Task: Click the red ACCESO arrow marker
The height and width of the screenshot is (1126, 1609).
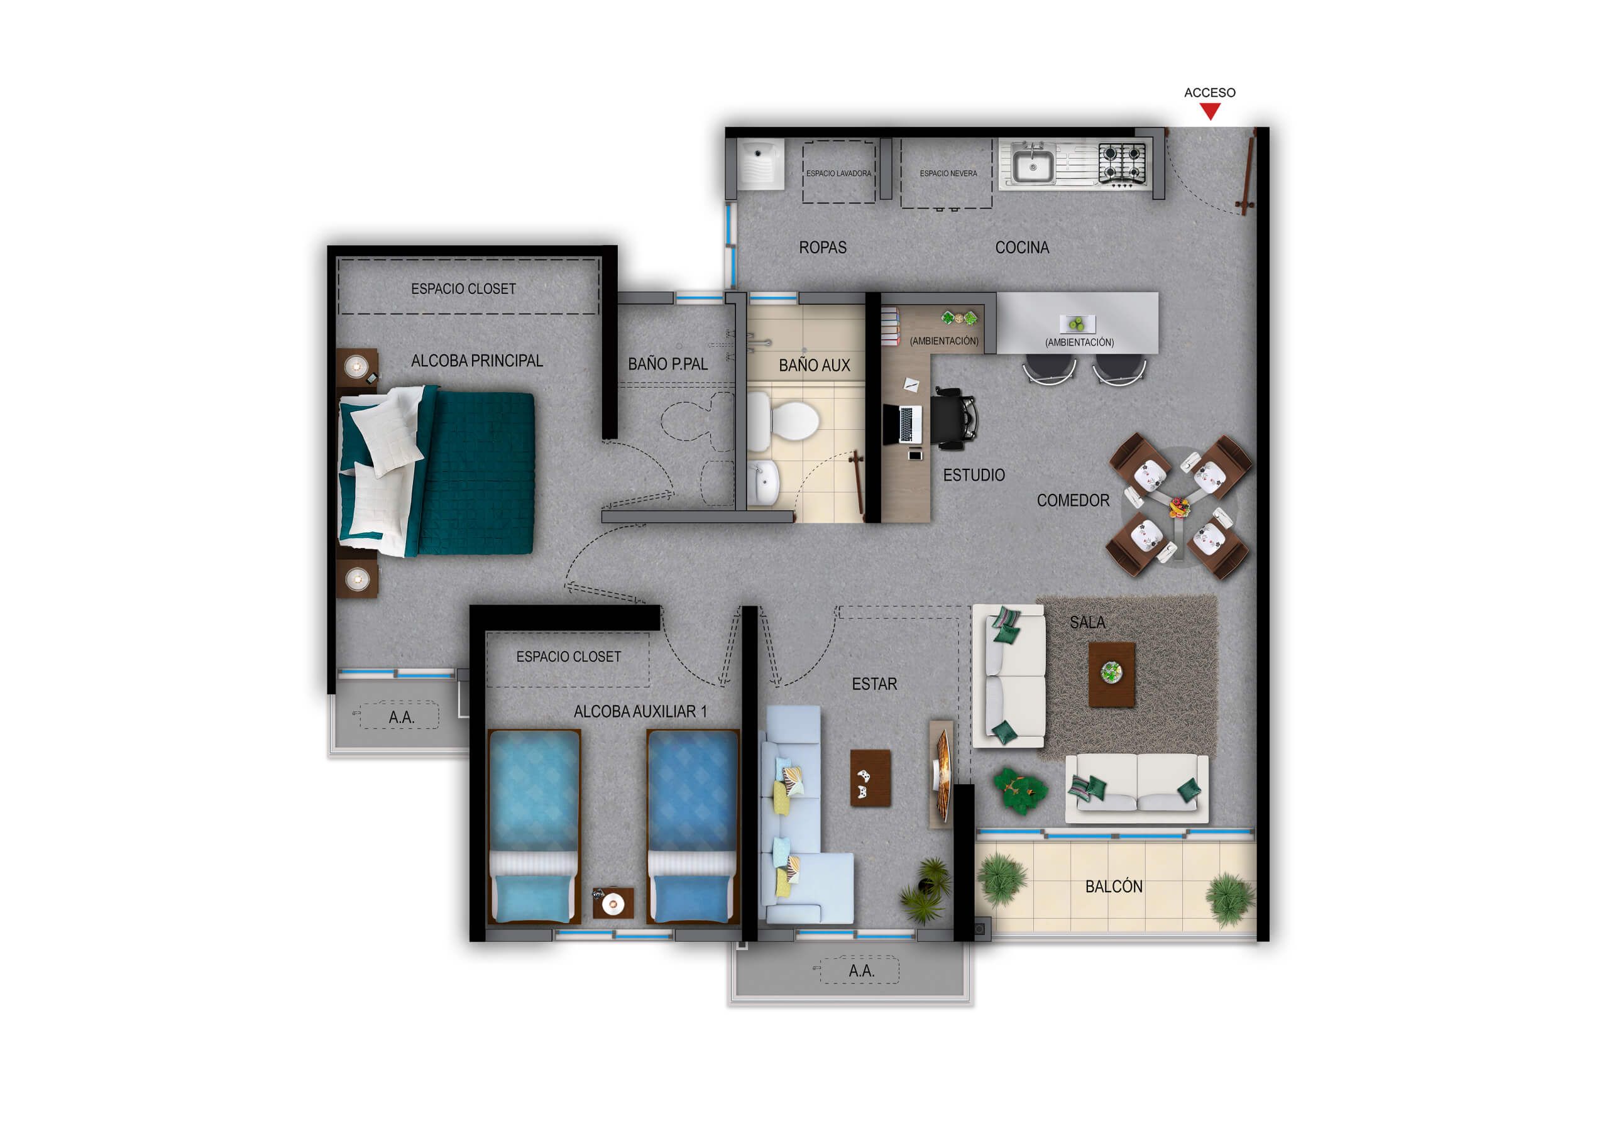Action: click(x=1209, y=111)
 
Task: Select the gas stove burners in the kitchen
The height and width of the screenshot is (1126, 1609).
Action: click(x=1122, y=163)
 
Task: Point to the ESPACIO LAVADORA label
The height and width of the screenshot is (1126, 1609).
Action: click(x=838, y=173)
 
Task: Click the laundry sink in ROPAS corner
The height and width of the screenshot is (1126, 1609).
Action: click(x=761, y=163)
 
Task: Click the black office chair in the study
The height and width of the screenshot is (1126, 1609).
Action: click(x=952, y=418)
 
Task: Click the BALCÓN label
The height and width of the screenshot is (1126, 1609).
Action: click(x=1114, y=887)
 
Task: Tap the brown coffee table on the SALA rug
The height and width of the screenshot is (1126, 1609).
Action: click(x=1111, y=674)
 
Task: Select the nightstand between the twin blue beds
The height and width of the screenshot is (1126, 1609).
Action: click(x=613, y=902)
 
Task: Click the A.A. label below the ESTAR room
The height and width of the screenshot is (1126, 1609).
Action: click(x=861, y=970)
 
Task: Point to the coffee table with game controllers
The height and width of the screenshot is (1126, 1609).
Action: click(x=870, y=779)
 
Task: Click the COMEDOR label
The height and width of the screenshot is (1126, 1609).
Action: click(x=1072, y=500)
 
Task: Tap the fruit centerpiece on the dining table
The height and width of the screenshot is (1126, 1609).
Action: click(x=1178, y=506)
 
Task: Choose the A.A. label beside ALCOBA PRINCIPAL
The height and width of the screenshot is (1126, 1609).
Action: click(x=401, y=717)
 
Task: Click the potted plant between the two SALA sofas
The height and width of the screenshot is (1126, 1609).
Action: click(x=1019, y=790)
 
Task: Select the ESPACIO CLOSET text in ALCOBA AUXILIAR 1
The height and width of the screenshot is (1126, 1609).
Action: click(x=568, y=657)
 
